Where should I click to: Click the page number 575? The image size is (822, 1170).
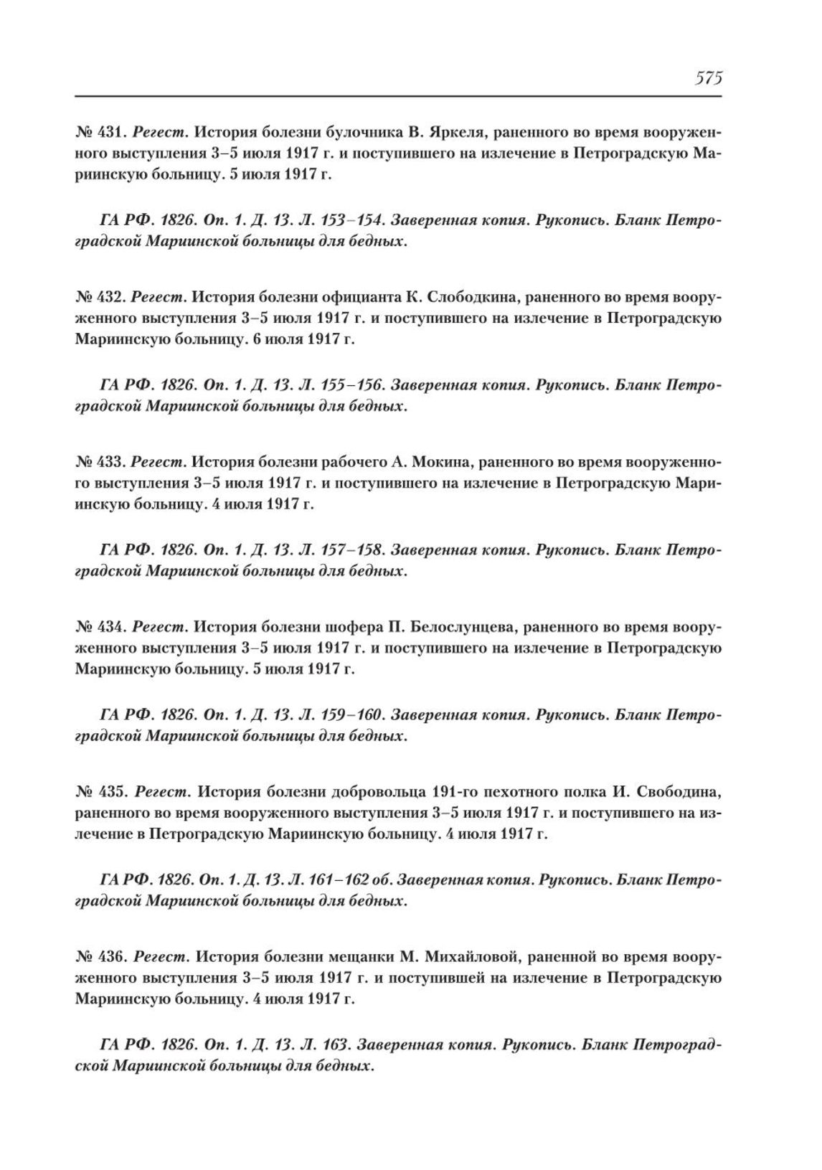708,77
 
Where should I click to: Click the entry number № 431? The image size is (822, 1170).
100,133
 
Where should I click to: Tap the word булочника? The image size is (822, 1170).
364,133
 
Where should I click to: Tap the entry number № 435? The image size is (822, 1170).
100,793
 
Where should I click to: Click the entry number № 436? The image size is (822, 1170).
100,957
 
